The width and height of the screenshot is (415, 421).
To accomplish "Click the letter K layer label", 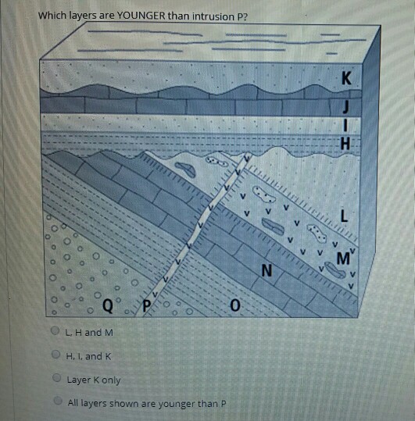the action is [x=346, y=78].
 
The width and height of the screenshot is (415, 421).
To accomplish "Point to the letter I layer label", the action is [x=346, y=125].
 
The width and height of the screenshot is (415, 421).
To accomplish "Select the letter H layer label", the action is [x=345, y=143].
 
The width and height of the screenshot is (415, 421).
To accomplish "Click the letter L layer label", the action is [x=344, y=216].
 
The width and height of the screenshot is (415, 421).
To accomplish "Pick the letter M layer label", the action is [x=343, y=259].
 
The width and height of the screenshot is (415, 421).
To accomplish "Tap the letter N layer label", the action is [x=267, y=270].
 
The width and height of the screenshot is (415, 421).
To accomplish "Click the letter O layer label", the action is [x=235, y=305].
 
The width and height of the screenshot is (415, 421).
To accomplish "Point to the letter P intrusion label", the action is [x=147, y=306].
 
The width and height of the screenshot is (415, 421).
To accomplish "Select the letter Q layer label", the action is [x=107, y=305].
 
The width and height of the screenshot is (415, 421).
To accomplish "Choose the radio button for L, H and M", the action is [x=55, y=330].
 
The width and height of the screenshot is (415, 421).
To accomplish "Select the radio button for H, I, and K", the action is [x=55, y=354].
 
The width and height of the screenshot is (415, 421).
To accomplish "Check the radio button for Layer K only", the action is [x=57, y=378].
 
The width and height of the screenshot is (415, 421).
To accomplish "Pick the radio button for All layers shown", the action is [x=58, y=401].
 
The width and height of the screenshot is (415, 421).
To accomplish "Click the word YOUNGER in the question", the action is [x=141, y=16].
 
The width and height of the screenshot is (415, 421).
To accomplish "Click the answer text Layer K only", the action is [x=94, y=380].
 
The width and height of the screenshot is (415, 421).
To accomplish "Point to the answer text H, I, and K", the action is [x=88, y=356].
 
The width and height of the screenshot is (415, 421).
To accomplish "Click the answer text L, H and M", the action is [x=89, y=333].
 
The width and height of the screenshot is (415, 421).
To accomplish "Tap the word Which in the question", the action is [x=52, y=16].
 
